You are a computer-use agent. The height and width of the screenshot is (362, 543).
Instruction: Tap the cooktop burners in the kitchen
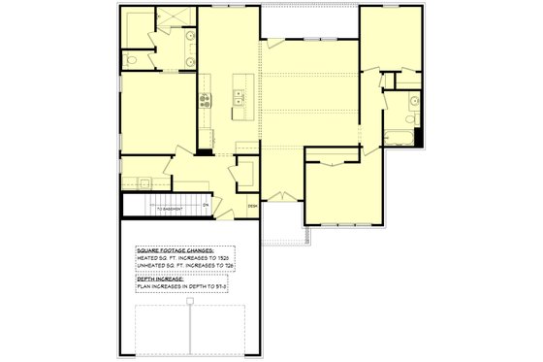pos(206,96)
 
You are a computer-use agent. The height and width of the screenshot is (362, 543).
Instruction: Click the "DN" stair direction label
pos(206,203)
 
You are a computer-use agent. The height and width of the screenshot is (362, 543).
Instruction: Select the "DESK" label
pos(252,206)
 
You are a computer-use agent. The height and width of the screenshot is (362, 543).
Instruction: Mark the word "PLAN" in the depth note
pos(143,287)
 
